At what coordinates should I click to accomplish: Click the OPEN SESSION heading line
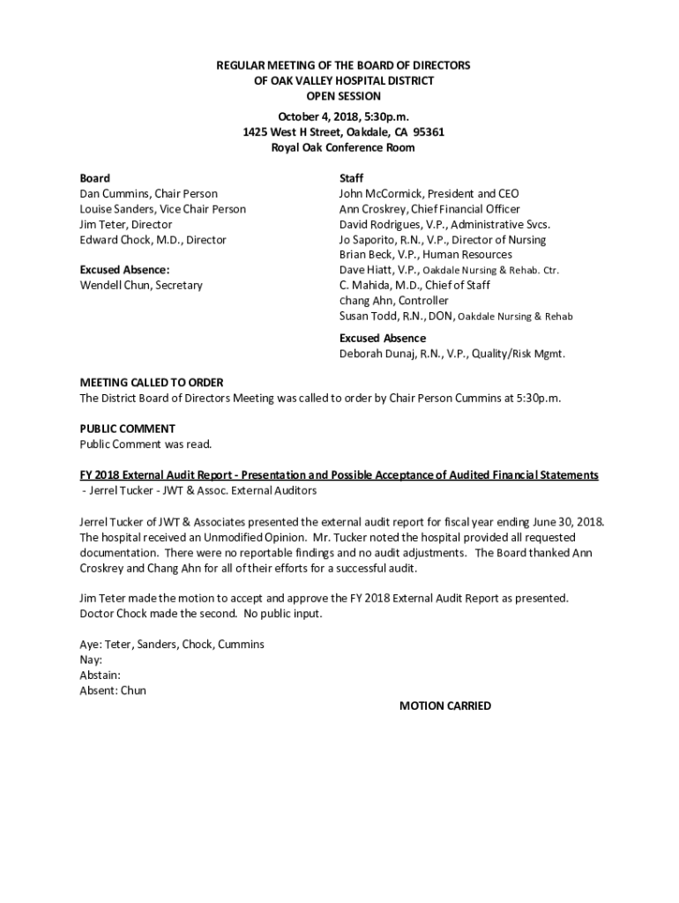tap(343, 96)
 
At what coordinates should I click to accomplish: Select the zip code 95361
tap(429, 132)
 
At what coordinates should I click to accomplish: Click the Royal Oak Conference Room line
tap(343, 147)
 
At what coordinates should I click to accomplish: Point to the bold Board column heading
tap(95, 178)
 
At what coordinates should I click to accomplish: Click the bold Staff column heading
tap(351, 178)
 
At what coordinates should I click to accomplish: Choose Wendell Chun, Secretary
tap(141, 285)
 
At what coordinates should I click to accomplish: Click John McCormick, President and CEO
tap(429, 193)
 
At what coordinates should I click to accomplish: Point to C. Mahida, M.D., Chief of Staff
tap(414, 285)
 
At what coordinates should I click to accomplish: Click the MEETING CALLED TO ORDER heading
tap(152, 383)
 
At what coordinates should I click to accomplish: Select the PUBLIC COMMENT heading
tap(128, 429)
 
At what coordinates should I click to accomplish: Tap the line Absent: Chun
tap(113, 690)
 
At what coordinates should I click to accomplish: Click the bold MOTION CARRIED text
tap(445, 705)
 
